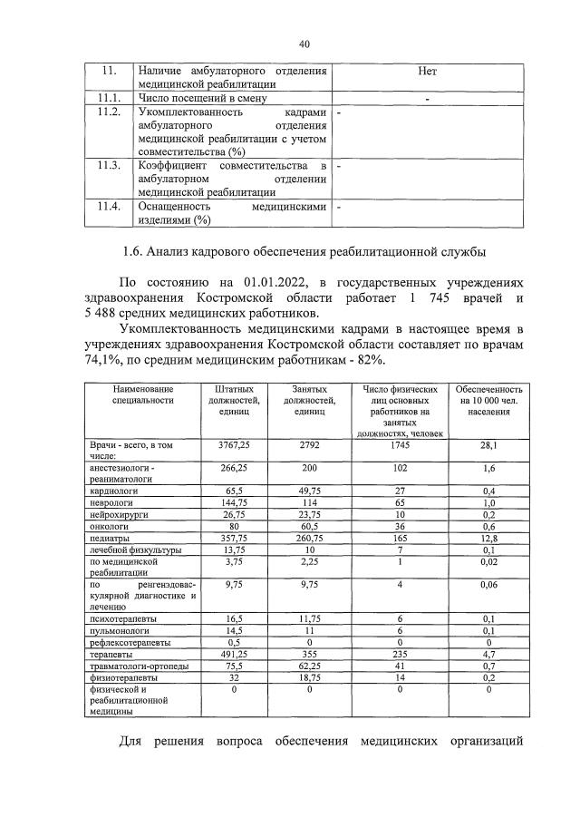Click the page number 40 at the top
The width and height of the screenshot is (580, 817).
tap(304, 44)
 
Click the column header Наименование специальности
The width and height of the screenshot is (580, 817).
tap(143, 394)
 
